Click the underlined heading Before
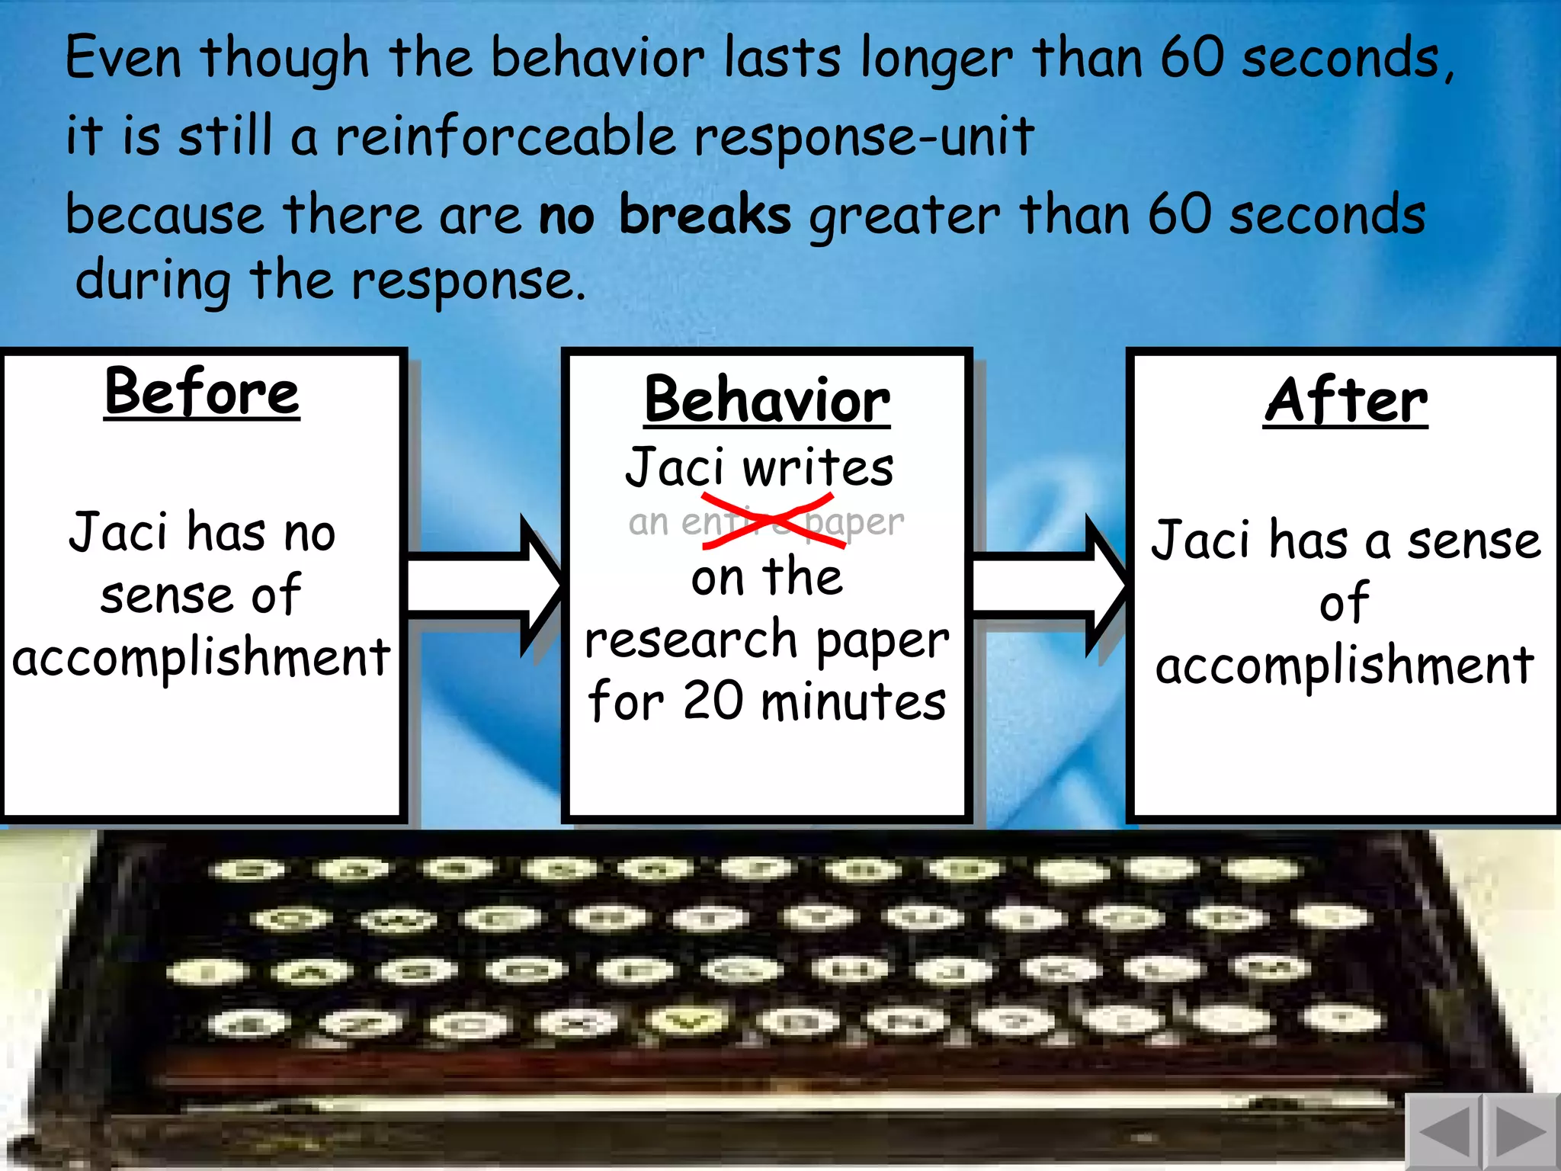click(202, 393)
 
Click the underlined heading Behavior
click(767, 401)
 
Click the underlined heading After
click(1345, 401)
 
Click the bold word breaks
click(704, 215)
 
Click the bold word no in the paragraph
click(566, 217)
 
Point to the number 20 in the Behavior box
click(713, 701)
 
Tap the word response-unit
click(864, 137)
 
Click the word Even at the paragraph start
click(123, 58)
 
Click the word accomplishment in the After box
click(1345, 666)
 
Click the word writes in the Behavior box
click(818, 468)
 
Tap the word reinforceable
click(505, 137)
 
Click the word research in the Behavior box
click(691, 640)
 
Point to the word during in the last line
click(153, 281)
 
